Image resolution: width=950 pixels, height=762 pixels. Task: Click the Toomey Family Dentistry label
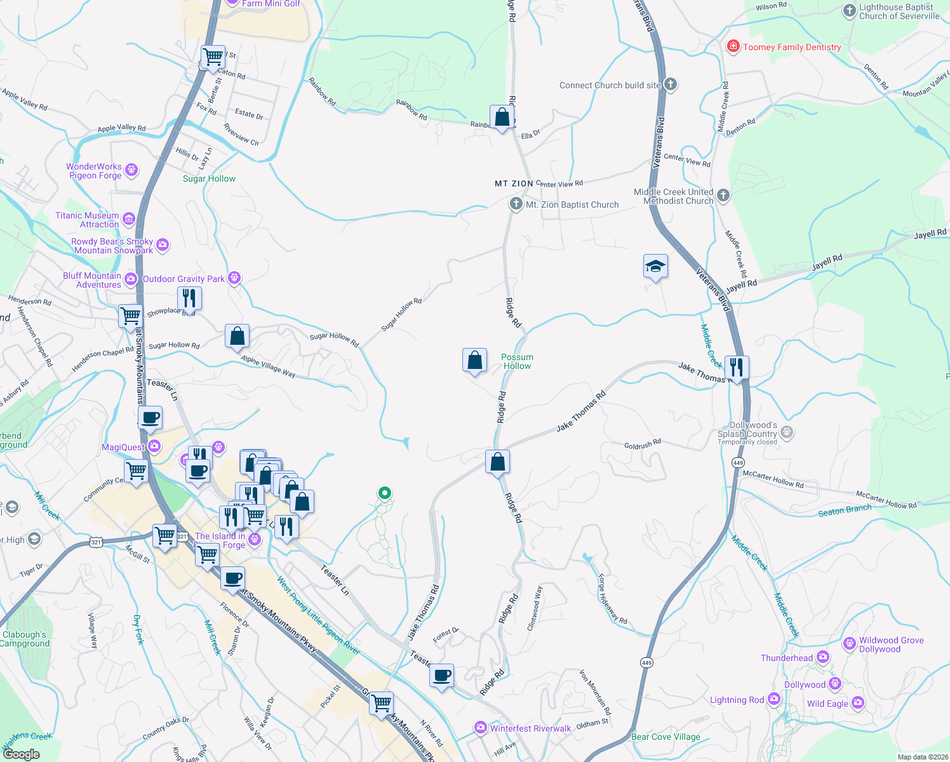(791, 47)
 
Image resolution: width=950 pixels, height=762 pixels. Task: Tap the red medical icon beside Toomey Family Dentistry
(733, 46)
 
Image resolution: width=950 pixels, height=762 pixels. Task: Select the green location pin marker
(384, 493)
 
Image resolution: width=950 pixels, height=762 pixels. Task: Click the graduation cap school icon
(655, 267)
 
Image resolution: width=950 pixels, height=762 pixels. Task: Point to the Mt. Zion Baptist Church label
(572, 204)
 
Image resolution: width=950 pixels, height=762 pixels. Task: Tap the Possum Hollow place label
(517, 361)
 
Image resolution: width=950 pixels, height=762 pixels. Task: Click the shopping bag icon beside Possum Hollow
(474, 361)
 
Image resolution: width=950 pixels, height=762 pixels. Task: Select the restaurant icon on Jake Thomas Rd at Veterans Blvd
(737, 368)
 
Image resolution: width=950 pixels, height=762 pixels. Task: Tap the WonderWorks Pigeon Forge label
(94, 171)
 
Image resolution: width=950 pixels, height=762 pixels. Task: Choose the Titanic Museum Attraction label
(87, 220)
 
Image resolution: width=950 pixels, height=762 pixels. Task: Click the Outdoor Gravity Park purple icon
(234, 278)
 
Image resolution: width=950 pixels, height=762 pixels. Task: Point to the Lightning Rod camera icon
(773, 699)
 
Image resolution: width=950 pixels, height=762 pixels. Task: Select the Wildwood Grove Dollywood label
(891, 645)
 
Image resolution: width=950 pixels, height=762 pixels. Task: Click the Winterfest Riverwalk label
(530, 728)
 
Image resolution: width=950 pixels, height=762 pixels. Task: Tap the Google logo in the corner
(21, 754)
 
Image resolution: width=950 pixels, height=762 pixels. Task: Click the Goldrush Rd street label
(642, 444)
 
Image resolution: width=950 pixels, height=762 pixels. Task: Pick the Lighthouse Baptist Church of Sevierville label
(899, 11)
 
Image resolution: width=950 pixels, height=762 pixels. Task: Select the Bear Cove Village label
(666, 737)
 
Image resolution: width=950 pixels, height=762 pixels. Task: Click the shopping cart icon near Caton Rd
(213, 57)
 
